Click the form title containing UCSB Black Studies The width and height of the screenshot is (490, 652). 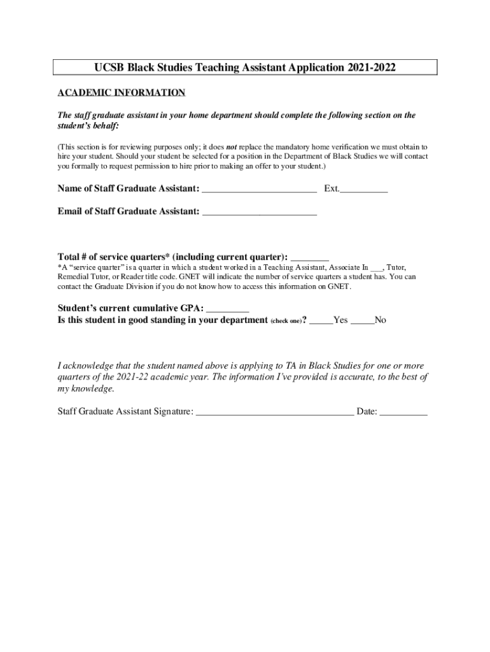(x=244, y=67)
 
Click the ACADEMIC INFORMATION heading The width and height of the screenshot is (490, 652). (x=122, y=93)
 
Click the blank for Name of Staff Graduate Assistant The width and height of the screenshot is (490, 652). (x=259, y=189)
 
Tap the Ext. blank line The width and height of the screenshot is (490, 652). (x=364, y=189)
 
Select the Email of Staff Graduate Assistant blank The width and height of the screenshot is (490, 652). (x=259, y=211)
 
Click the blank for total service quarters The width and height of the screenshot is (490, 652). (x=309, y=257)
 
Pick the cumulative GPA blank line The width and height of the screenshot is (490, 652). (x=228, y=308)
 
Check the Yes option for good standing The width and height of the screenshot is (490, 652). (x=321, y=320)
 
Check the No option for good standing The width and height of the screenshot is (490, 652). (x=362, y=320)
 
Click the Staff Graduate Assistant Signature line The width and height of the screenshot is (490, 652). (x=275, y=412)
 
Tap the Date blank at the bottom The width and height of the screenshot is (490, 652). (x=403, y=412)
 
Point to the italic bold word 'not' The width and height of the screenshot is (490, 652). (x=232, y=146)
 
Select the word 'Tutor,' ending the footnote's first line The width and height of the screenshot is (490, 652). (x=396, y=267)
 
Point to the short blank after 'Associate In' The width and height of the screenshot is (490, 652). (x=376, y=267)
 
